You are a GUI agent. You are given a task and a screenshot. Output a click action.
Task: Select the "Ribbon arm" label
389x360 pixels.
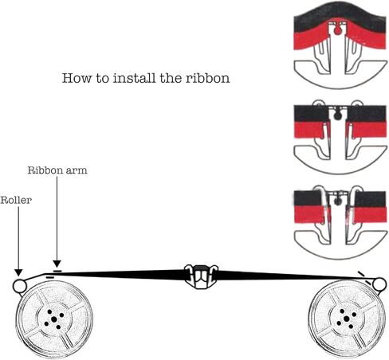[57, 170]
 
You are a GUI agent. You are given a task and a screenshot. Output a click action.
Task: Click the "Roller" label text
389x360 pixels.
[16, 200]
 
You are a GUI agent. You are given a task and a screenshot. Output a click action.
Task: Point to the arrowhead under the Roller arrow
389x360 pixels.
[18, 272]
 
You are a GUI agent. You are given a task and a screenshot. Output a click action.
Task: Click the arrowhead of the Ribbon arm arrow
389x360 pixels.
[57, 264]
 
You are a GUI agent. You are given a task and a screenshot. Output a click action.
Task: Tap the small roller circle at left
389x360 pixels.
[19, 286]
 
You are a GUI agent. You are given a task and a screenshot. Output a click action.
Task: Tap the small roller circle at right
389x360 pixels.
[379, 284]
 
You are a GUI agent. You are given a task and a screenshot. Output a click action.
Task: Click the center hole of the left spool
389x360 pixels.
[54, 319]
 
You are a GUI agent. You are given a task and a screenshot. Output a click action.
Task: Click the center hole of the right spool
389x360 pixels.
[346, 319]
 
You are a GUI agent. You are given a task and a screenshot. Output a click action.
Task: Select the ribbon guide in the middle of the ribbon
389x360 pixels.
[201, 276]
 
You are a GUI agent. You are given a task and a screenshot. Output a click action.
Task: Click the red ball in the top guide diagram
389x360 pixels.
[337, 31]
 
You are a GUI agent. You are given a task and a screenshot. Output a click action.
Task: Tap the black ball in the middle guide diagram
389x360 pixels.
[337, 116]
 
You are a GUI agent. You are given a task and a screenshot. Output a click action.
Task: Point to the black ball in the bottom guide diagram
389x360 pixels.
[337, 202]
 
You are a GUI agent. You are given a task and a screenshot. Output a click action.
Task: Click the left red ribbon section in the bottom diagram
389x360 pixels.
[309, 214]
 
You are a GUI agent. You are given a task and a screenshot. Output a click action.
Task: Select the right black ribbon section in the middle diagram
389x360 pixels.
[367, 114]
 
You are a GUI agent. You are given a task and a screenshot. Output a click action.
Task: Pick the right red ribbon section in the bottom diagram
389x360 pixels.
[369, 214]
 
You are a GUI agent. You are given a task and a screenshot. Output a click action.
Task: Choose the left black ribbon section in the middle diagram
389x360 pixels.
[312, 114]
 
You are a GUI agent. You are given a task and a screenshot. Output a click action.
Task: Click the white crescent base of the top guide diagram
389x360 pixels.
[340, 80]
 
